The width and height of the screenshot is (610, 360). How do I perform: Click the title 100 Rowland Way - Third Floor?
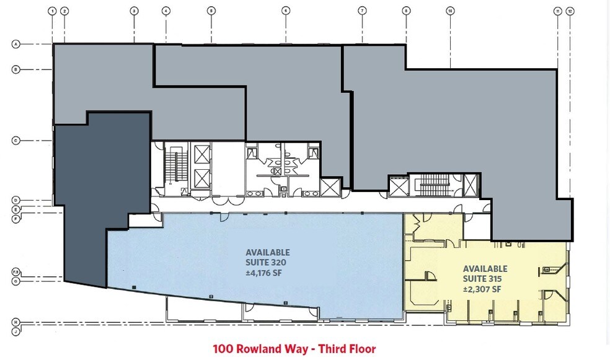click(x=294, y=349)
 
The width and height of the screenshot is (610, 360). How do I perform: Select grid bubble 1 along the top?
click(x=53, y=11)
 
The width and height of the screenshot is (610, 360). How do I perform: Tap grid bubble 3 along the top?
click(x=134, y=11)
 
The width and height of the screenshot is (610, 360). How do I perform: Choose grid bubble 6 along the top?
click(x=286, y=11)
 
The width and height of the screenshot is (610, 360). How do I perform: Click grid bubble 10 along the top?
click(x=451, y=11)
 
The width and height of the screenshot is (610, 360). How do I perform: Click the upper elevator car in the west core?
click(x=202, y=153)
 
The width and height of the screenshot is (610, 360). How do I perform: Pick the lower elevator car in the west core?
click(x=202, y=178)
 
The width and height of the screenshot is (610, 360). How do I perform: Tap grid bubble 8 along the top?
click(x=406, y=11)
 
